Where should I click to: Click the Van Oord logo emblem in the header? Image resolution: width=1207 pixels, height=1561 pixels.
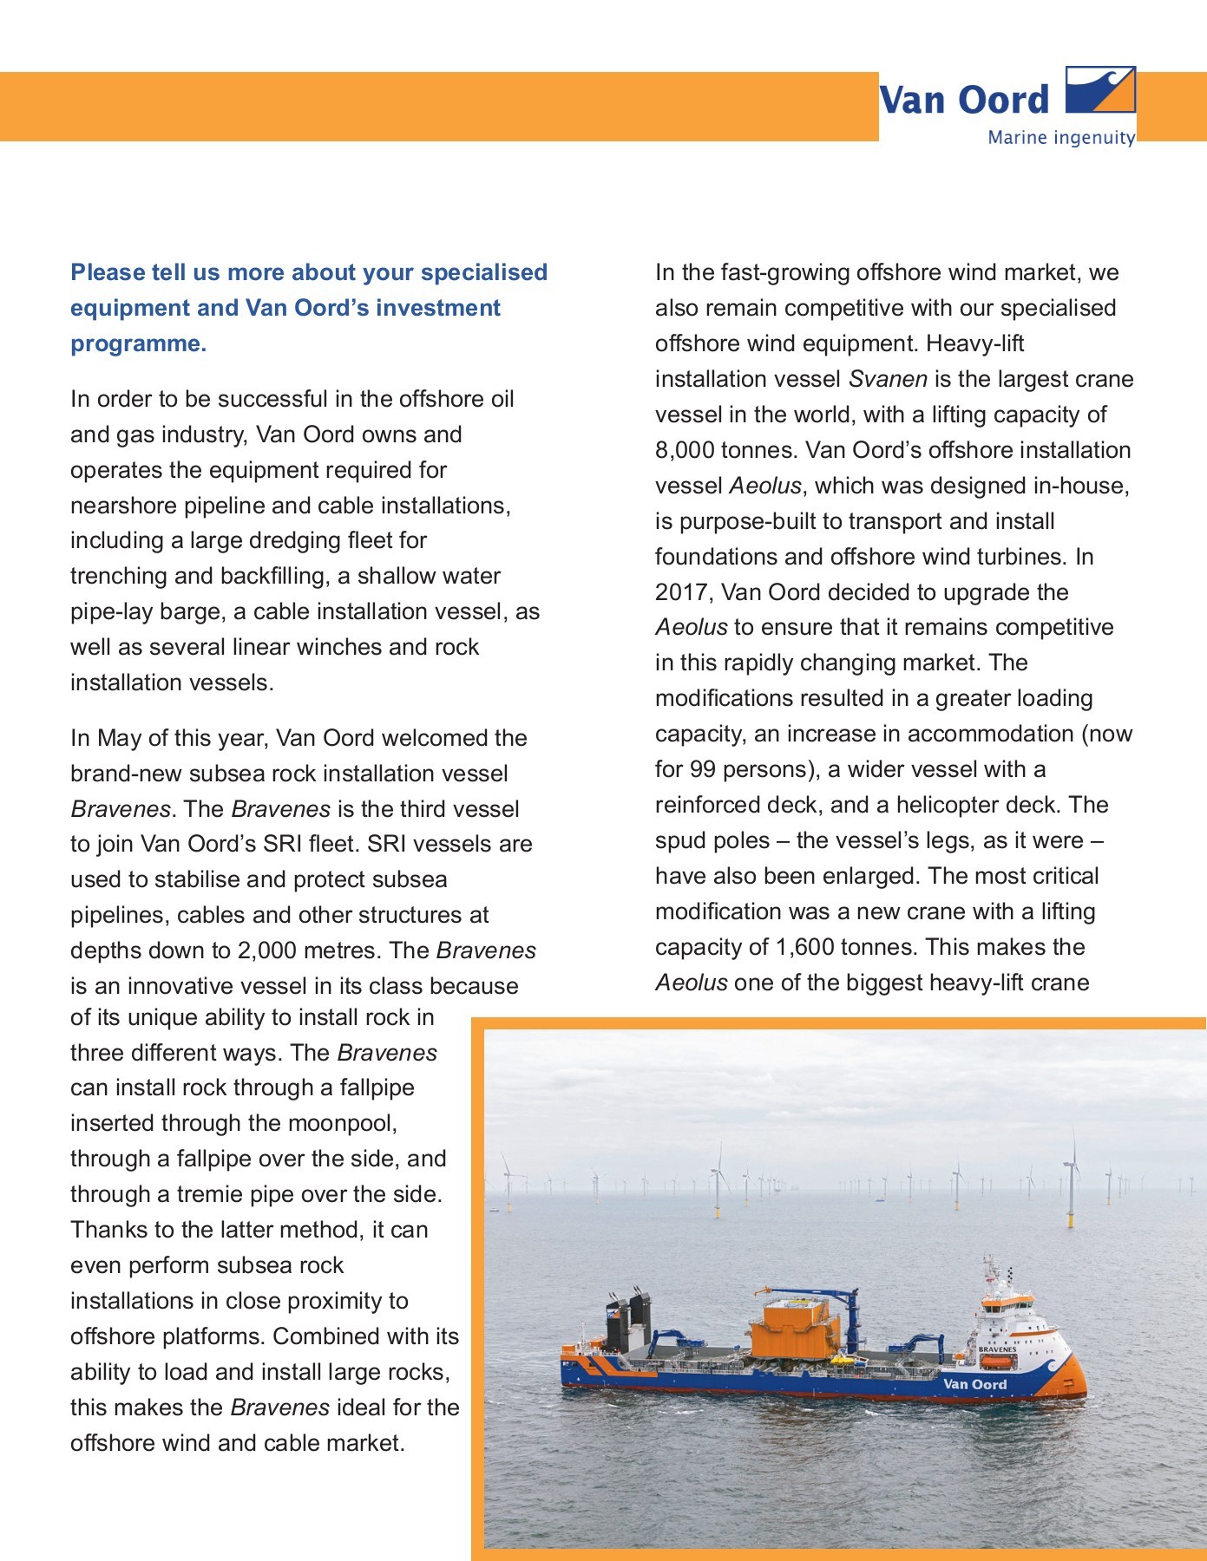[1099, 90]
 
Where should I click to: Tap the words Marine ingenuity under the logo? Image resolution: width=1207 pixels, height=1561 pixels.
[1060, 138]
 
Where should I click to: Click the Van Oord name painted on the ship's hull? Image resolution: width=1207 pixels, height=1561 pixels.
[974, 1384]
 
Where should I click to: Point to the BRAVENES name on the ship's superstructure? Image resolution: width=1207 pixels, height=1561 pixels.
[997, 1349]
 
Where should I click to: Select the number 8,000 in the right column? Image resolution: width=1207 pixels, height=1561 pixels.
[685, 450]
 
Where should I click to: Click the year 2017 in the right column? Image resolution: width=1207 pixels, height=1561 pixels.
[681, 592]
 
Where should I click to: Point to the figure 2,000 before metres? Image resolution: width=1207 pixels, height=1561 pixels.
[266, 950]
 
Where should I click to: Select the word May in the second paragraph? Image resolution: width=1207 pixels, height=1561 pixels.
[119, 738]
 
